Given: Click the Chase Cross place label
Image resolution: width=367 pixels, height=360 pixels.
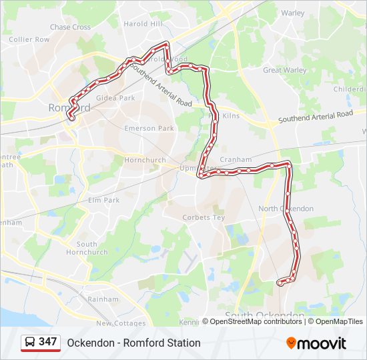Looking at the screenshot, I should tap(70, 27).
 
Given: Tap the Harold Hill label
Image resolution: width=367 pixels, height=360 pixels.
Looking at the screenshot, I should tap(143, 24).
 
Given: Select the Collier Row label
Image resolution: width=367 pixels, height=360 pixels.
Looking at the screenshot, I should tap(29, 39).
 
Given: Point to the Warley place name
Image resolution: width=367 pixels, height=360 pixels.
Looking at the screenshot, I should tap(293, 13).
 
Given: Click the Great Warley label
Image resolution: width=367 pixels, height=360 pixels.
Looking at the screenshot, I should tap(285, 70).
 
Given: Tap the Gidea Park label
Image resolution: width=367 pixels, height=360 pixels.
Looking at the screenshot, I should tap(115, 98).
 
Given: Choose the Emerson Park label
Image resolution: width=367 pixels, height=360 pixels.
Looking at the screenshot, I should tap(149, 128).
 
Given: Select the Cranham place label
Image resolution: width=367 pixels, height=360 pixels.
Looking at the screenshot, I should tap(236, 160).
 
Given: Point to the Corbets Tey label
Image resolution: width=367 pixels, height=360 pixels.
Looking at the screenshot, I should tap(204, 217).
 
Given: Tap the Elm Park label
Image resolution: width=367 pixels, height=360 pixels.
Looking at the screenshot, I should tap(103, 200).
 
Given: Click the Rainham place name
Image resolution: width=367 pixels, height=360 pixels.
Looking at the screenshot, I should tap(103, 299).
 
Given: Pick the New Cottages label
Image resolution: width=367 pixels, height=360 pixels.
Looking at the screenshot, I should tap(121, 323).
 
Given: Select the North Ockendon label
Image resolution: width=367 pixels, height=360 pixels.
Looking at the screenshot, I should tap(286, 209).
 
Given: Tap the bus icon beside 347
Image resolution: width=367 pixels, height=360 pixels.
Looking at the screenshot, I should tap(30, 343).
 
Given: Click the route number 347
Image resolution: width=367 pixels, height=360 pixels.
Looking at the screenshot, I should tap(47, 342).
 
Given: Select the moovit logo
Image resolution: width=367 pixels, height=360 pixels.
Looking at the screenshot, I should tap(316, 343).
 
